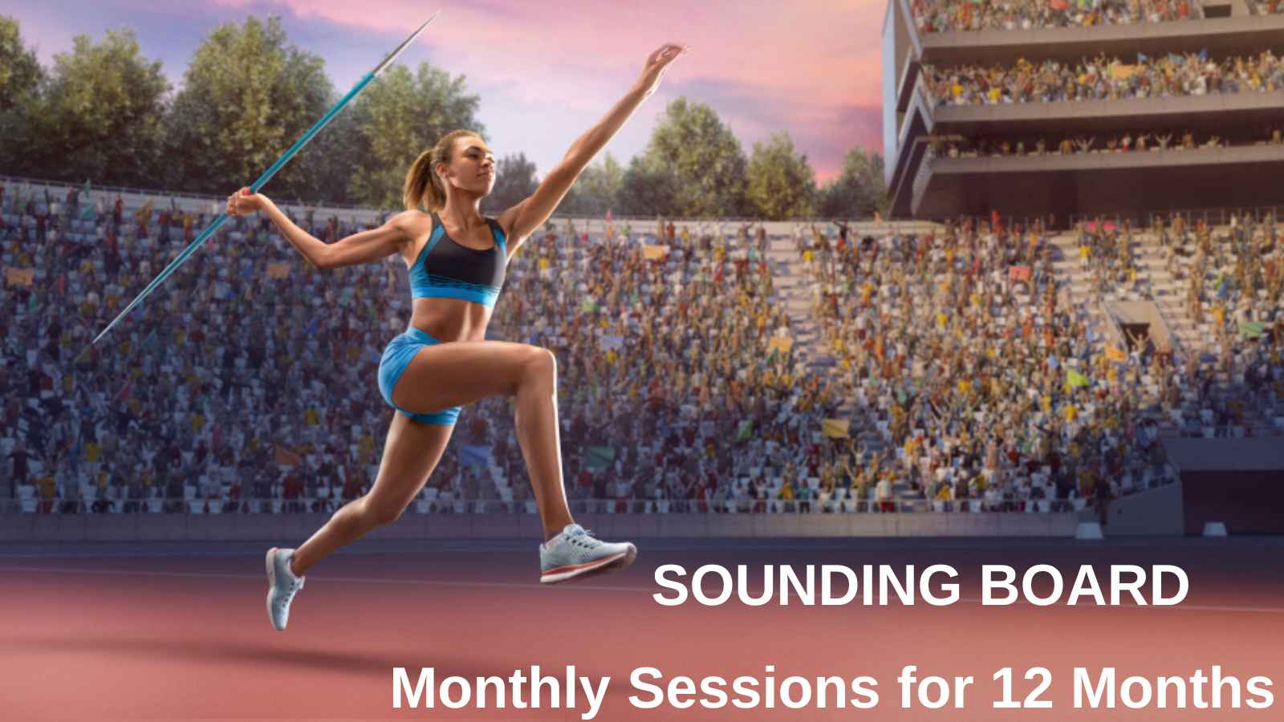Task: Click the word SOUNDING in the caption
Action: tap(806, 585)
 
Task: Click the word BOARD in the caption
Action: tap(1084, 585)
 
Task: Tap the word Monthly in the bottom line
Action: tap(501, 690)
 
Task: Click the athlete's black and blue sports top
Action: tap(458, 261)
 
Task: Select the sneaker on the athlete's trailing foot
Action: tap(283, 588)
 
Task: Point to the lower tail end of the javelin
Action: tap(95, 342)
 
